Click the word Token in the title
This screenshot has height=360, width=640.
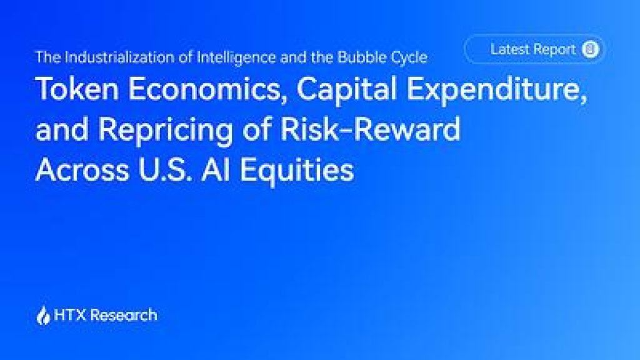[x=77, y=89]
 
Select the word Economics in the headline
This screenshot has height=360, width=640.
[x=205, y=89]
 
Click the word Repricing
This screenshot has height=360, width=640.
[x=165, y=131]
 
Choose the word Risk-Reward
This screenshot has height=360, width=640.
[x=370, y=129]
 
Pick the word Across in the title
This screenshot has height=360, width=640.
[x=82, y=169]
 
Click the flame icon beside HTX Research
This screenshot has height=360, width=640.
[x=43, y=315]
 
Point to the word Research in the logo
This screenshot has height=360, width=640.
[x=123, y=315]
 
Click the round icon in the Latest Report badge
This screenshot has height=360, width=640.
[x=590, y=49]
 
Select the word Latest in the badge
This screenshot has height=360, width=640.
[x=509, y=49]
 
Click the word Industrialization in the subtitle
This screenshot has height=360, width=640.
[x=121, y=57]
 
